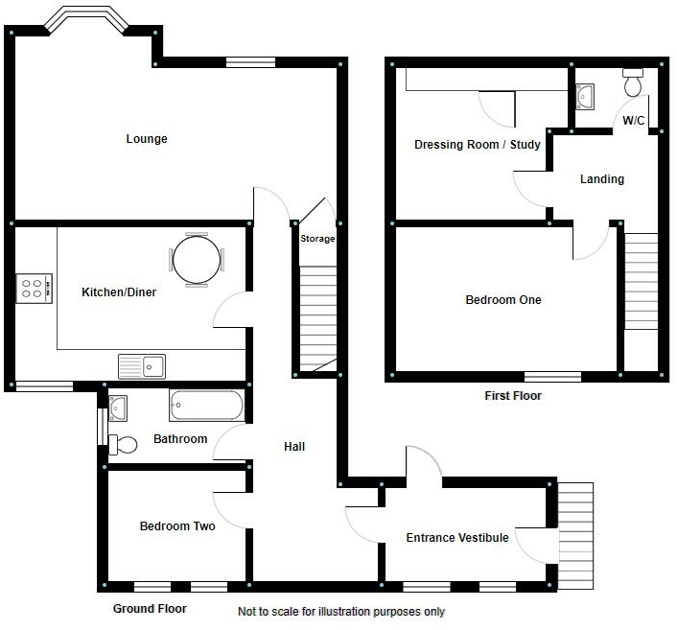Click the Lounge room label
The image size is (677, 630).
147,139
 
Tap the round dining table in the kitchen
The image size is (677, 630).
197,259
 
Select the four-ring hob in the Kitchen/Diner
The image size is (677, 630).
34,289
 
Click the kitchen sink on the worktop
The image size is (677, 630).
142,365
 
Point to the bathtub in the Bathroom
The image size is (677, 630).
206,406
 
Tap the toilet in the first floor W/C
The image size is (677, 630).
633,84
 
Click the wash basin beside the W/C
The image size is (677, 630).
587,96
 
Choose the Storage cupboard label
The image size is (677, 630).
317,239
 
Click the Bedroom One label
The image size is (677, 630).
503,300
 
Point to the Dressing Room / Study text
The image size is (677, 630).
477,145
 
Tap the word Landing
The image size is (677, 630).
602,179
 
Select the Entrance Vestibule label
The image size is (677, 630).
456,537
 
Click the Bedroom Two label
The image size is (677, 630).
177,525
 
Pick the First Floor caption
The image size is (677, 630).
513,396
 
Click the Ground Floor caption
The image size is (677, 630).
150,609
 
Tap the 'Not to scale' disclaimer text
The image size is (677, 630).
341,611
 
